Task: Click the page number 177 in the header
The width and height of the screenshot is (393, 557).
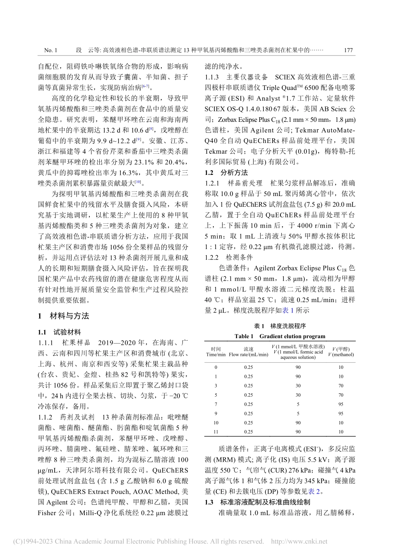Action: [x=348, y=50]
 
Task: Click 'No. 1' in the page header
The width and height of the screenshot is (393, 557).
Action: [x=50, y=50]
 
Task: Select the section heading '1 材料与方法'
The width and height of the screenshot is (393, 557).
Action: [x=63, y=316]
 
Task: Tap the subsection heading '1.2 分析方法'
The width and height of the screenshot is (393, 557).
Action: [x=227, y=172]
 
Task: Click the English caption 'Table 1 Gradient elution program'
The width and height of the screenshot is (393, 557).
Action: [x=280, y=336]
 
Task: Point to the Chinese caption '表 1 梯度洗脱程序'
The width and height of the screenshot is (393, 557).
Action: [x=280, y=326]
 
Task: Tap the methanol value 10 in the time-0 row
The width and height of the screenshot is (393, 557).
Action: [x=341, y=367]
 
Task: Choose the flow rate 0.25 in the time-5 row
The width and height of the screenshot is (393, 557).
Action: [x=248, y=395]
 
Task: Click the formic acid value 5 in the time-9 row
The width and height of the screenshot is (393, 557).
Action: [x=298, y=413]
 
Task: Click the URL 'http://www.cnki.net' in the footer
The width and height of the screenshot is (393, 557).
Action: [x=299, y=541]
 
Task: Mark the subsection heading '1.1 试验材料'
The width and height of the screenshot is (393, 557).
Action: [x=60, y=332]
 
